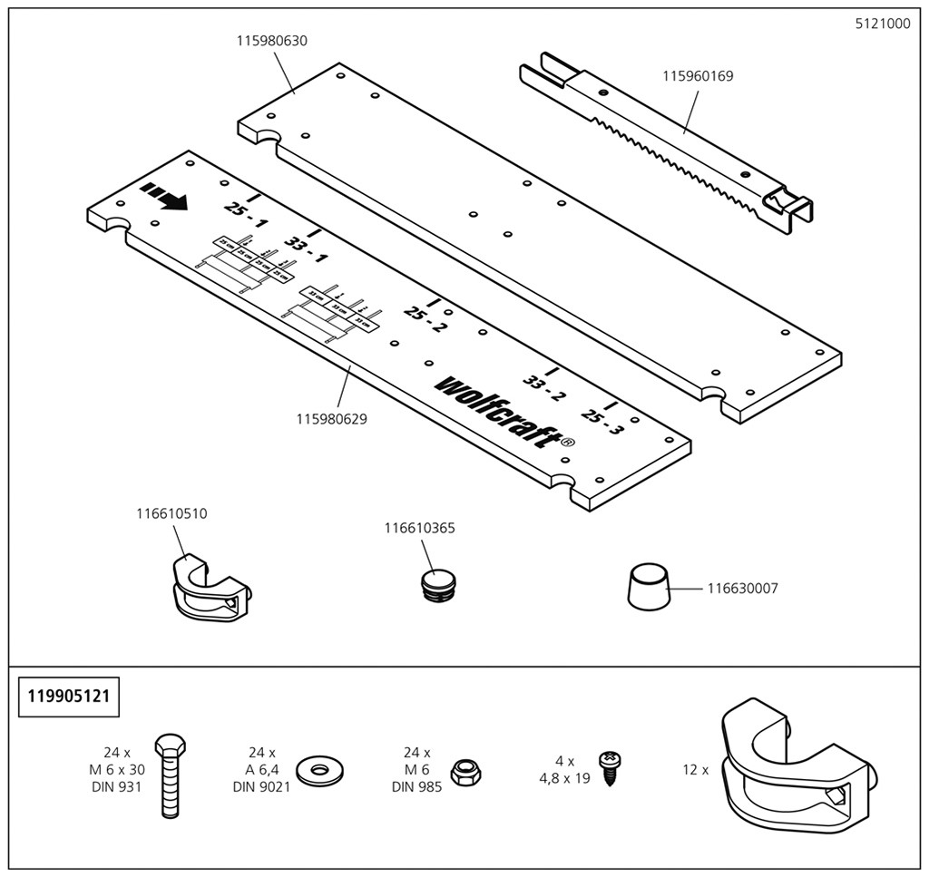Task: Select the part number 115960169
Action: [x=697, y=76]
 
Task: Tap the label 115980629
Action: [x=337, y=419]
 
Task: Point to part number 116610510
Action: [x=171, y=513]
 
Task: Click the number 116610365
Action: [x=419, y=528]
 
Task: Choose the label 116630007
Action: [x=742, y=589]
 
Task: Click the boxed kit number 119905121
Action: [x=68, y=697]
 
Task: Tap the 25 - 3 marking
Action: [x=602, y=419]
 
